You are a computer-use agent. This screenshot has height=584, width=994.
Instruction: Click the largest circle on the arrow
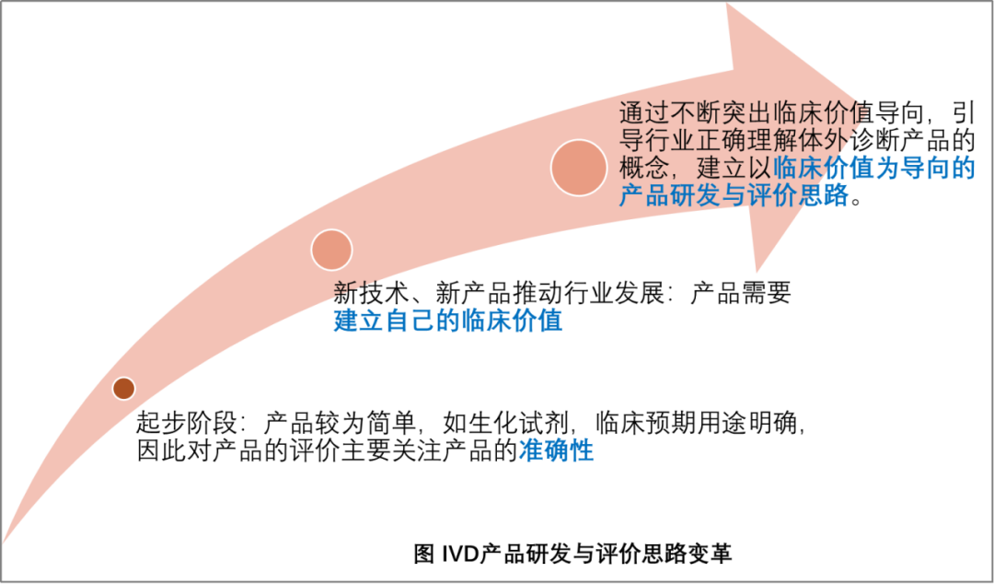579,168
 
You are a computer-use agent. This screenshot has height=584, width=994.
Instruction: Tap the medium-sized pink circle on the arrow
331,250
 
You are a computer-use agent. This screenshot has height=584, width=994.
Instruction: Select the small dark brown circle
123,389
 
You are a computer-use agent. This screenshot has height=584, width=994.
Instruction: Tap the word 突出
745,114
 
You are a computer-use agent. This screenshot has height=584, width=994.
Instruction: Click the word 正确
719,142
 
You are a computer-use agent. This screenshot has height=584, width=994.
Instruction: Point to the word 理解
770,142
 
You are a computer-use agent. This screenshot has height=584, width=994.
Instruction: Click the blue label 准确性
557,450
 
